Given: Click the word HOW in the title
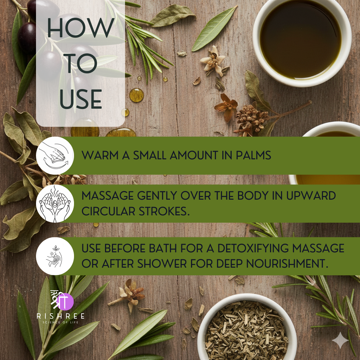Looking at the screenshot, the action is pyautogui.click(x=81, y=28).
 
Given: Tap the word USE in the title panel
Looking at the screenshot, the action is pyautogui.click(x=81, y=99).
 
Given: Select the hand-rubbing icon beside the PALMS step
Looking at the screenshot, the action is pyautogui.click(x=55, y=155).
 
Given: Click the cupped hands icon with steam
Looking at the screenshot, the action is pyautogui.click(x=55, y=204).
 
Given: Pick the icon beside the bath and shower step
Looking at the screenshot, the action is pyautogui.click(x=55, y=256).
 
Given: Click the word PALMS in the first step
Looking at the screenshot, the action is pyautogui.click(x=253, y=155).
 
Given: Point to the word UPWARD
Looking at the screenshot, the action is pyautogui.click(x=311, y=196).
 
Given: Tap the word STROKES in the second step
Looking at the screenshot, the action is pyautogui.click(x=164, y=211).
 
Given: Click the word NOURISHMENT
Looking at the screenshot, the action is pyautogui.click(x=287, y=264).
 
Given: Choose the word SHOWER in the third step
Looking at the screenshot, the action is pyautogui.click(x=162, y=264).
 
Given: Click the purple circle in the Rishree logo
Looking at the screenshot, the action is pyautogui.click(x=65, y=301).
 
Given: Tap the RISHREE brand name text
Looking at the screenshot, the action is pyautogui.click(x=61, y=316).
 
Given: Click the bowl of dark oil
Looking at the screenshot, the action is pyautogui.click(x=302, y=42).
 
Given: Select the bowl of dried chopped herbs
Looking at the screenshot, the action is pyautogui.click(x=247, y=328).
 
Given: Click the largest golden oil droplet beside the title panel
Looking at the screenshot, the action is pyautogui.click(x=136, y=95).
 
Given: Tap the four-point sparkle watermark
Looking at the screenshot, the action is pyautogui.click(x=340, y=340).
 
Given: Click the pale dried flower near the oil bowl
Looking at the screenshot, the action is pyautogui.click(x=213, y=61).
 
